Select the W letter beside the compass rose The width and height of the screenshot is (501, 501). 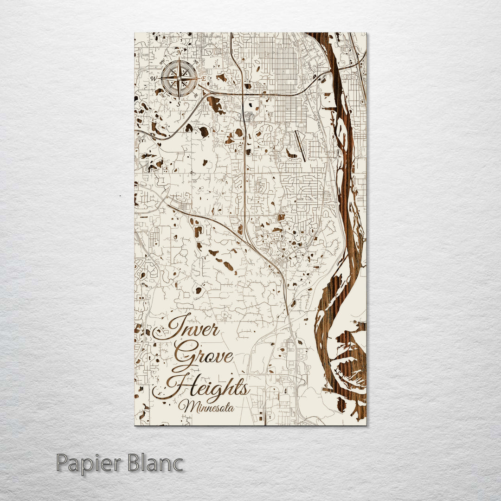(x=154, y=79)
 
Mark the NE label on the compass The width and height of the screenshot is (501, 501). (x=196, y=62)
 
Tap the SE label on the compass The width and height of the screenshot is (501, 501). (x=196, y=95)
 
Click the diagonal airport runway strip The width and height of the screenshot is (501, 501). (x=300, y=146)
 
